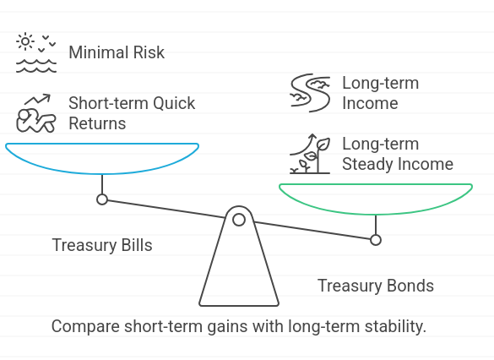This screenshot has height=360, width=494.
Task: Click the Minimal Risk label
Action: pos(117,52)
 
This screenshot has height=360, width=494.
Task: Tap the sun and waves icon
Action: pos(36,52)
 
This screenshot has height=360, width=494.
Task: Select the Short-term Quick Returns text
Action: pos(132,113)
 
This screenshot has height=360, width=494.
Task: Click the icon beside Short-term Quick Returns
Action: pos(36,113)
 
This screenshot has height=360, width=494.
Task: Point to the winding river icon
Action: pos(310,93)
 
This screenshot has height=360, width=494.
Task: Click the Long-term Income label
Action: pos(380,93)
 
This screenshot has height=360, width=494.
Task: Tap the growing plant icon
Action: pos(310,154)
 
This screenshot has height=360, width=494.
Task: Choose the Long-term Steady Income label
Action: pos(398,154)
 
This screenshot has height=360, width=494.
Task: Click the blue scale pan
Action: pos(102,173)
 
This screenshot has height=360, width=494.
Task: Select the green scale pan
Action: pos(376,214)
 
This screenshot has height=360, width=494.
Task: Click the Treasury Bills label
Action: pos(102,245)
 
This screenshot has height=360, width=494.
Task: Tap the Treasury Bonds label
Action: pos(376,286)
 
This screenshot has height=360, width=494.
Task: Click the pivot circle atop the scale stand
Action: pos(239,215)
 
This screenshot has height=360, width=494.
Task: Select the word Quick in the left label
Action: pos(174,103)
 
